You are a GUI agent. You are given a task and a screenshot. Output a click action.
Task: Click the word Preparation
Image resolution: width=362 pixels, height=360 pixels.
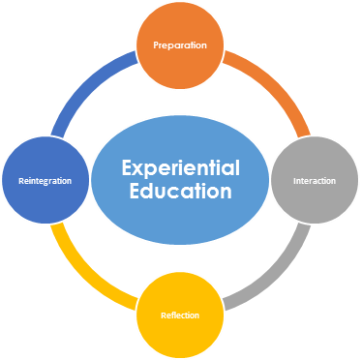click(179, 45)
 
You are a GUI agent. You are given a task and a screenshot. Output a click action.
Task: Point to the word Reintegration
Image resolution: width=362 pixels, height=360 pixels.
click(45, 181)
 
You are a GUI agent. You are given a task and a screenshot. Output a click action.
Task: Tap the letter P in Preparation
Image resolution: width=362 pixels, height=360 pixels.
click(156, 45)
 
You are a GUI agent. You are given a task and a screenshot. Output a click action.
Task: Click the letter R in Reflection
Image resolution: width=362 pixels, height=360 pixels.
click(162, 315)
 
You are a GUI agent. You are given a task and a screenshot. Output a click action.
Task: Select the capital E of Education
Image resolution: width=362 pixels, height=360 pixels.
click(127, 191)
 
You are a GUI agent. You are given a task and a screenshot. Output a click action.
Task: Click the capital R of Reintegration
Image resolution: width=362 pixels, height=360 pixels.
click(19, 181)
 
